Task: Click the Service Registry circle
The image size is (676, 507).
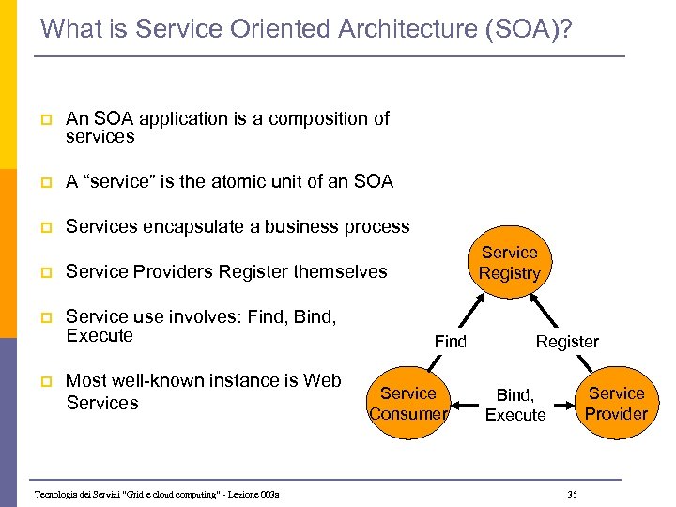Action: pyautogui.click(x=510, y=263)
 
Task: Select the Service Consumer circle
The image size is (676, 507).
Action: pyautogui.click(x=408, y=404)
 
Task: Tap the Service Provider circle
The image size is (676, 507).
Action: pyautogui.click(x=616, y=404)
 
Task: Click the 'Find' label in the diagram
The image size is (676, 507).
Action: pyautogui.click(x=450, y=342)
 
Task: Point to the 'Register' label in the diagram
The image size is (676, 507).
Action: pyautogui.click(x=567, y=342)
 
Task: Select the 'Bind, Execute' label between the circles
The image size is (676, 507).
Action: pyautogui.click(x=515, y=406)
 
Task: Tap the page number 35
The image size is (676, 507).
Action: pyautogui.click(x=573, y=495)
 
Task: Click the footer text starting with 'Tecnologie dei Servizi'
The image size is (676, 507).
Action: pyautogui.click(x=157, y=495)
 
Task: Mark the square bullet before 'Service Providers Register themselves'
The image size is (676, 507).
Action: pyautogui.click(x=45, y=272)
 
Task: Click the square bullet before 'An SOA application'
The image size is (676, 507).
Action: pyautogui.click(x=45, y=119)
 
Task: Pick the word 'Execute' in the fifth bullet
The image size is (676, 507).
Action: pyautogui.click(x=100, y=336)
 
